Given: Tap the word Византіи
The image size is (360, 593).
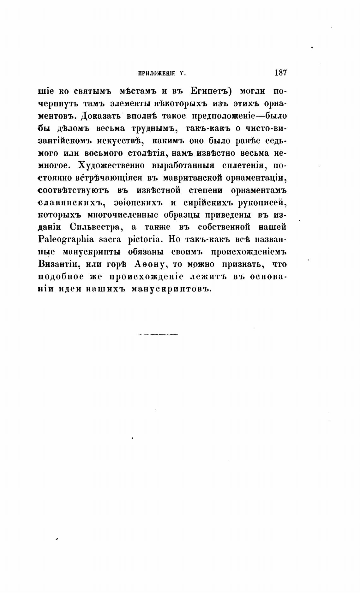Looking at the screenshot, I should point(58,264).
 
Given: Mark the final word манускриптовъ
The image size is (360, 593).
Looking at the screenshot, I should point(170,289).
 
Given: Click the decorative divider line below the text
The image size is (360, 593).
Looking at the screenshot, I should point(158,334).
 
